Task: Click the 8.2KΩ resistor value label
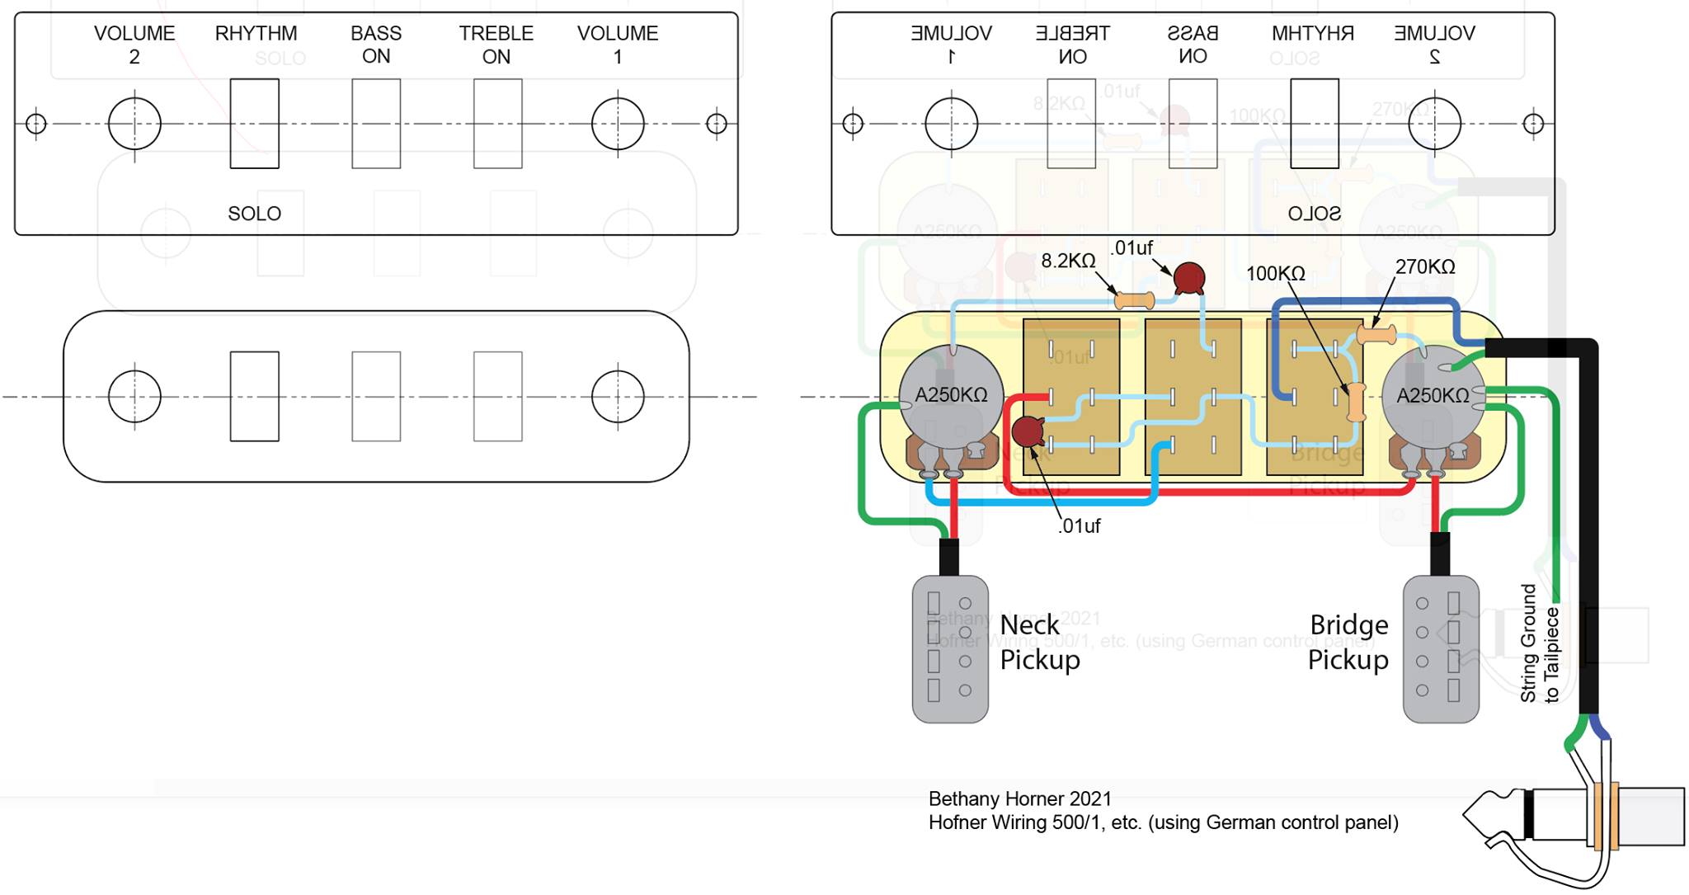[1068, 261]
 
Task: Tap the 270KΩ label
[1424, 266]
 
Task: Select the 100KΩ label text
[1275, 273]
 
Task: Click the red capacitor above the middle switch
[1188, 278]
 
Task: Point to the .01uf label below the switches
[1079, 525]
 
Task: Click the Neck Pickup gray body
[950, 648]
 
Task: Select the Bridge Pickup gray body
[1440, 648]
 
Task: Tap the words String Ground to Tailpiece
[1539, 643]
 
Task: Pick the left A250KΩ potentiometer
[950, 395]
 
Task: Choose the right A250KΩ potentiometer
[1433, 395]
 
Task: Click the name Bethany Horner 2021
[1019, 798]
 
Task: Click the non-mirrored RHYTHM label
[256, 34]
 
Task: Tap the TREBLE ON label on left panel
[496, 45]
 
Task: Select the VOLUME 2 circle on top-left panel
[134, 124]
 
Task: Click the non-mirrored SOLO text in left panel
[254, 214]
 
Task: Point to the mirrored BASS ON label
[1193, 45]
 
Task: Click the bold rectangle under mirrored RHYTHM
[1314, 124]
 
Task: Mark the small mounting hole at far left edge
[35, 124]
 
